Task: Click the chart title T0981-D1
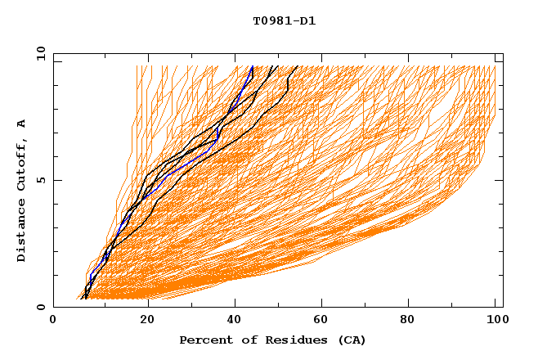[x=284, y=21]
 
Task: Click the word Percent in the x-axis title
[x=204, y=340]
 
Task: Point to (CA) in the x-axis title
[x=350, y=340]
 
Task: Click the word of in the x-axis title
[x=244, y=340]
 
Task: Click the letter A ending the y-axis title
[x=21, y=123]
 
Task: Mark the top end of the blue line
[x=253, y=66]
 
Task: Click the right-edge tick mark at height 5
[x=499, y=180]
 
